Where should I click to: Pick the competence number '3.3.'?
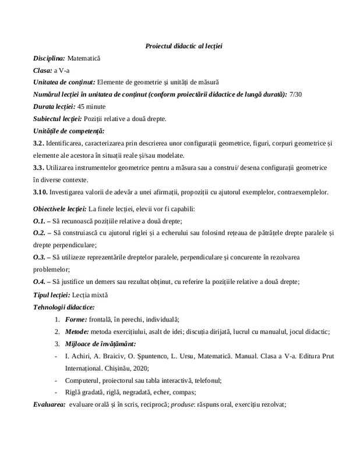point(40,167)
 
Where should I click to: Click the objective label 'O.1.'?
point(40,221)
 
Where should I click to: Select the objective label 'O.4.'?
point(40,282)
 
